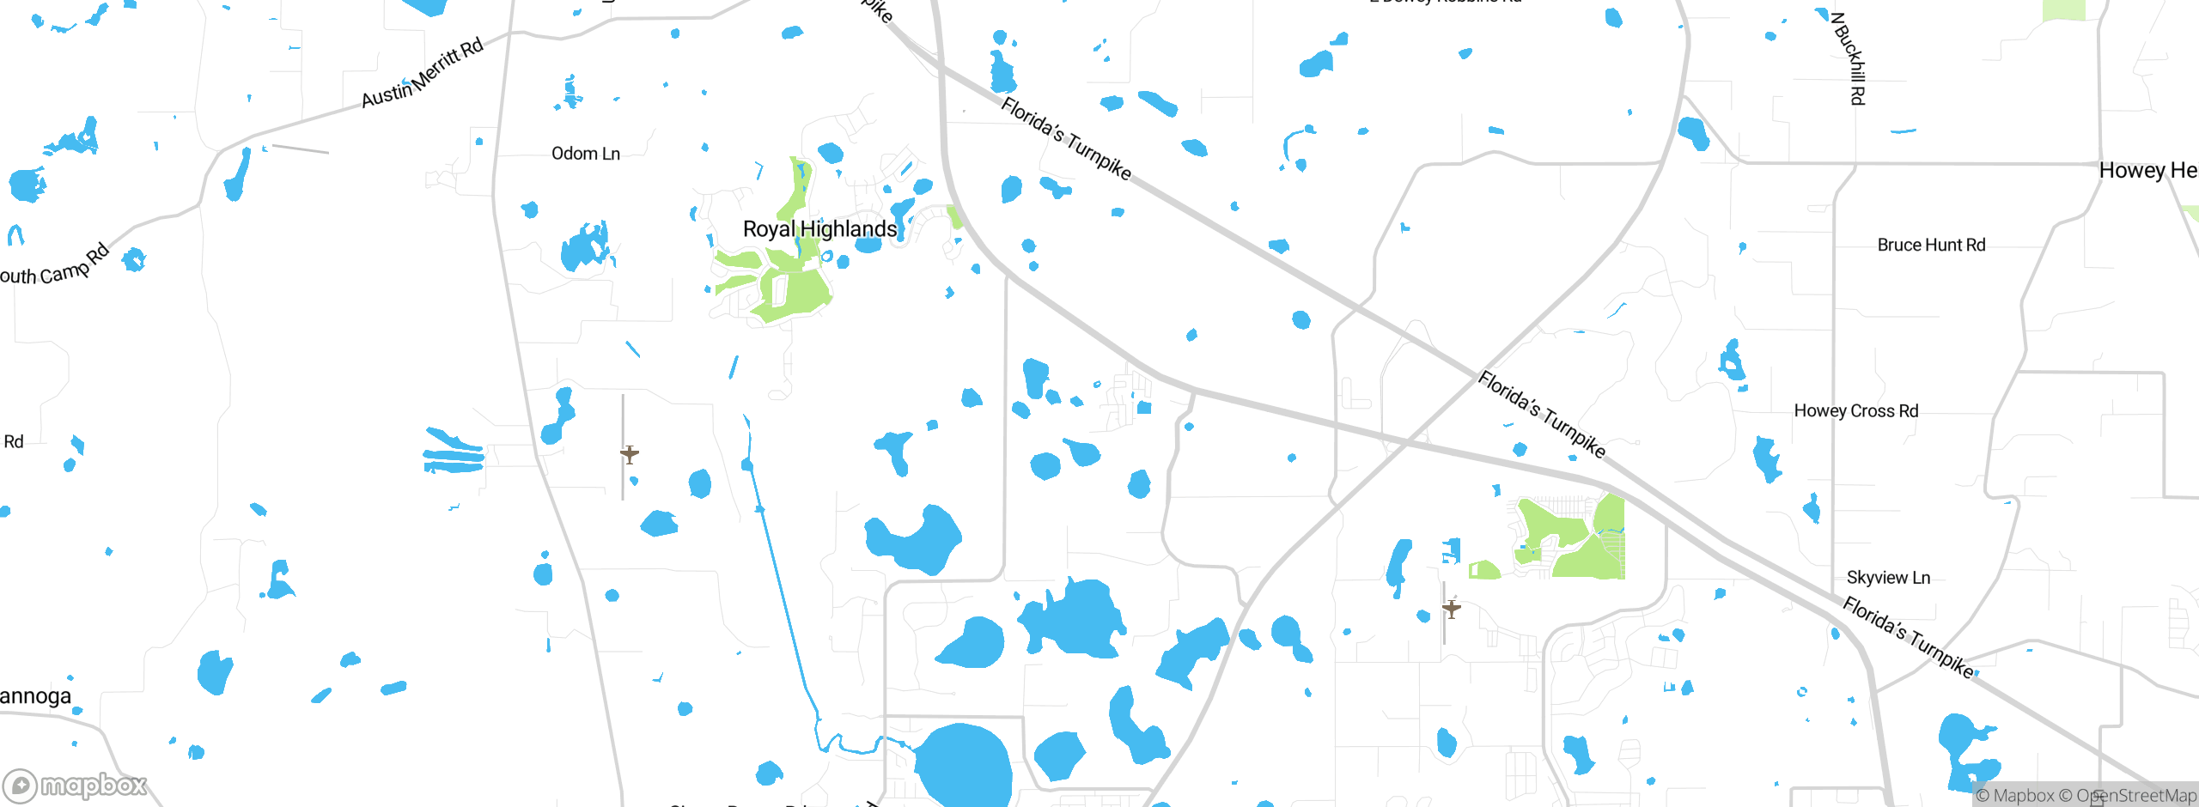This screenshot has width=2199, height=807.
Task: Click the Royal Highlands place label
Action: [819, 229]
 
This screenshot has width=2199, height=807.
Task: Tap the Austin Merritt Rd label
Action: [422, 74]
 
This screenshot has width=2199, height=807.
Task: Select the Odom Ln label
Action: [585, 154]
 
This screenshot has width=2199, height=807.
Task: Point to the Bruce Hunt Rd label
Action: [1931, 246]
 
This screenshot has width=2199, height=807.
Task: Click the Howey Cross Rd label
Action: [1855, 411]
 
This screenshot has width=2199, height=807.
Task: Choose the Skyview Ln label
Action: [1888, 578]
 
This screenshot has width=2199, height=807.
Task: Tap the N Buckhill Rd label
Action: [1849, 58]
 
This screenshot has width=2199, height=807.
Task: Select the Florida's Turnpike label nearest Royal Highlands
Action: [1066, 138]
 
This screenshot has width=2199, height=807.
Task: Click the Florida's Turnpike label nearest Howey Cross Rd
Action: [1541, 415]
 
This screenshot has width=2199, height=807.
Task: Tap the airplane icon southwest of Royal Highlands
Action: [630, 454]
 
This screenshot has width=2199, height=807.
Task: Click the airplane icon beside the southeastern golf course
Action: [1452, 610]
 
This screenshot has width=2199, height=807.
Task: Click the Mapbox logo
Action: [76, 785]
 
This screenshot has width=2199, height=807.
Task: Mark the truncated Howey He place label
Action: [2147, 171]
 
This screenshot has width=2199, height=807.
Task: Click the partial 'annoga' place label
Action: [35, 696]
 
